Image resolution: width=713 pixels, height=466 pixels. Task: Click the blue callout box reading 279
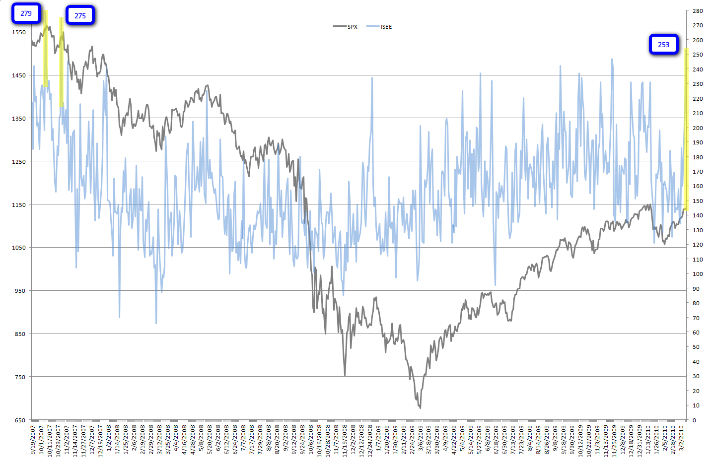click(x=26, y=13)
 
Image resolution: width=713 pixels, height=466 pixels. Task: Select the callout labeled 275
click(x=80, y=16)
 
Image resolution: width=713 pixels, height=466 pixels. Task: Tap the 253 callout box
click(x=663, y=45)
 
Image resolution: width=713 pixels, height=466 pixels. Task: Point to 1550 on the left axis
click(x=19, y=32)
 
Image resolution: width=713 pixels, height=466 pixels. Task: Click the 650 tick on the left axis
click(x=20, y=420)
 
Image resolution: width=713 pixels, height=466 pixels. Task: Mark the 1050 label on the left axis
click(x=19, y=248)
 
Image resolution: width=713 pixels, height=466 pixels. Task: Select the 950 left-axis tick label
click(x=20, y=291)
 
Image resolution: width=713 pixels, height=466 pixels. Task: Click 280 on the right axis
click(x=698, y=11)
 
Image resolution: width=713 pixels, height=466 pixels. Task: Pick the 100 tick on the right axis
click(x=698, y=274)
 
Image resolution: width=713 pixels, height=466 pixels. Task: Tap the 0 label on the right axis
click(x=695, y=420)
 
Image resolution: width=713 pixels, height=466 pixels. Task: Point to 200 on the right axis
click(x=698, y=128)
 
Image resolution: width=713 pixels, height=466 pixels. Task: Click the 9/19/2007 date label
click(x=33, y=440)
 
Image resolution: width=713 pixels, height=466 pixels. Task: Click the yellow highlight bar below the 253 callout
click(x=686, y=129)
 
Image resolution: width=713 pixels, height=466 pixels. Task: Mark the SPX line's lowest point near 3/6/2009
click(x=420, y=407)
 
